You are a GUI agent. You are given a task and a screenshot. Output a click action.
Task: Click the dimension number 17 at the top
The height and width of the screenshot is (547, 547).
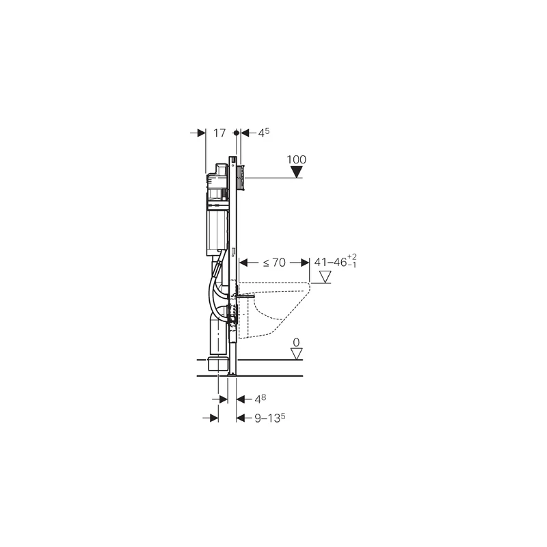[219, 133]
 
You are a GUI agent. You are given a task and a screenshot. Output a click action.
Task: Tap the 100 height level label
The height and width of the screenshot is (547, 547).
[296, 159]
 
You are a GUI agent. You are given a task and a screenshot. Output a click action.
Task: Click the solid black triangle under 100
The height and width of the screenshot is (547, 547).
[297, 172]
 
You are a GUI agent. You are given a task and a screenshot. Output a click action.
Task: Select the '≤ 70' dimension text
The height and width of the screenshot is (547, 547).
[274, 263]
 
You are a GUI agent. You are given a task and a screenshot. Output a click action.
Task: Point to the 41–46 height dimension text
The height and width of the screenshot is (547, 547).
[335, 262]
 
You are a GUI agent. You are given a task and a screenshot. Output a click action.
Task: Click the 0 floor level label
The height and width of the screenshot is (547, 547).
[296, 343]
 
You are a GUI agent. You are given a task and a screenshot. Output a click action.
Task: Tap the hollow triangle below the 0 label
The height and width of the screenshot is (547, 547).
[297, 353]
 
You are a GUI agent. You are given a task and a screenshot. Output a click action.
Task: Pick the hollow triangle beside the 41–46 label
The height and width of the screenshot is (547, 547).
[325, 277]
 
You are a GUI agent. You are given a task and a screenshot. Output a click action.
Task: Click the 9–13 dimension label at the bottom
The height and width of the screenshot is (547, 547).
[269, 418]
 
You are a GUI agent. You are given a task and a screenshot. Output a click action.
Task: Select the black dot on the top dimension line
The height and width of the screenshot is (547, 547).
[236, 133]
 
